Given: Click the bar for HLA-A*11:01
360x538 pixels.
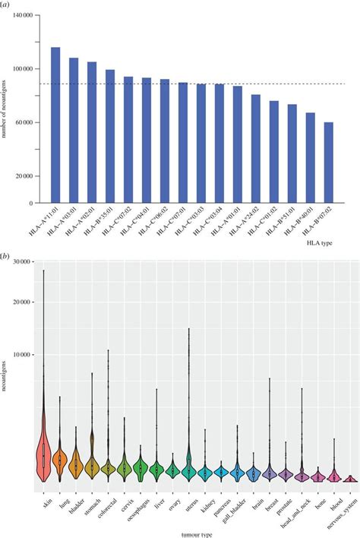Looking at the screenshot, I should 55,125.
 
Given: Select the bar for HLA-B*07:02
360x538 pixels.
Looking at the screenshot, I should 328,163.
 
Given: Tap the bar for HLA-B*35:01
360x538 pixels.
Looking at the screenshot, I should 110,137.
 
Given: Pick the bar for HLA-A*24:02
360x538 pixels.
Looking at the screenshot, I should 256,149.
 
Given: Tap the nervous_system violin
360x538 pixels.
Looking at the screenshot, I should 349,479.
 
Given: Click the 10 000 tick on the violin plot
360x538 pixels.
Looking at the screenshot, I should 29,354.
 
